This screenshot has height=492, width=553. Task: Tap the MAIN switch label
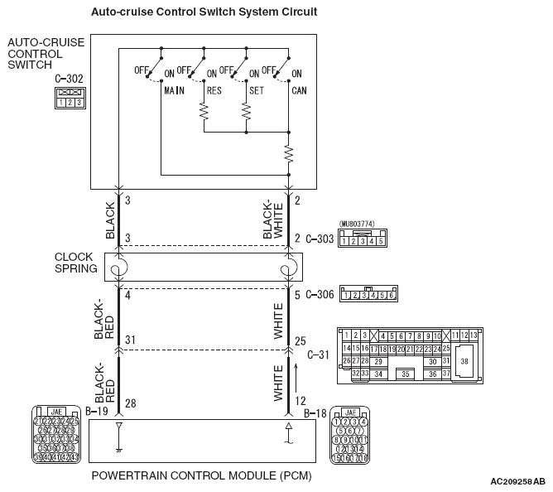click(x=173, y=90)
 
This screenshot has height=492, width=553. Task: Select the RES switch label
click(x=214, y=90)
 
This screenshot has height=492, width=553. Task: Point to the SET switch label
click(x=256, y=90)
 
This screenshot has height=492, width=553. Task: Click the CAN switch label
click(x=300, y=90)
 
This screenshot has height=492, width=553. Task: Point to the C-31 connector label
click(x=318, y=355)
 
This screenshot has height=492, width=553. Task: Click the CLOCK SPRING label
click(x=75, y=263)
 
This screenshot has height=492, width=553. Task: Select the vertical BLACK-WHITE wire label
click(x=272, y=219)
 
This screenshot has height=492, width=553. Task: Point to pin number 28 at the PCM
click(x=130, y=403)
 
